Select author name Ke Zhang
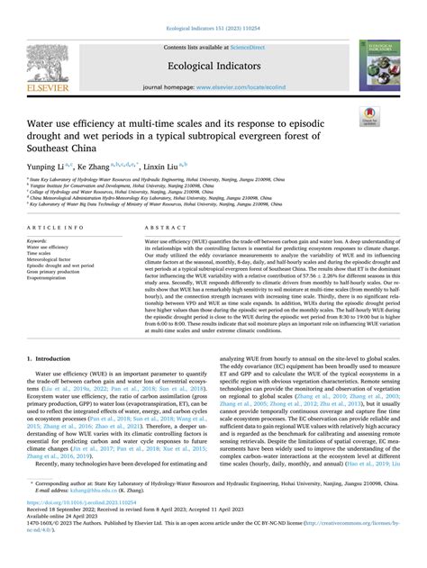[92, 167]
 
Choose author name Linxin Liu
[159, 167]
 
